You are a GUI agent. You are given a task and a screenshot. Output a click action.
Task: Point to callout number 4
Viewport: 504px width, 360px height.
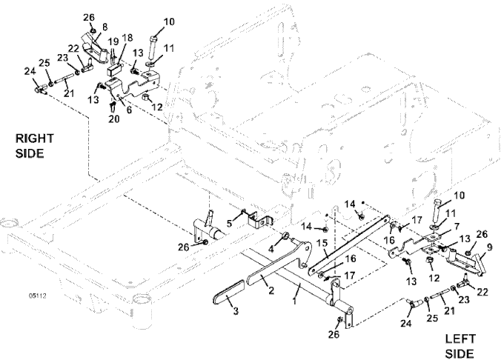pos(271,249)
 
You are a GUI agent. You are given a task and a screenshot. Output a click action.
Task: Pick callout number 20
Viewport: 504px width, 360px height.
pos(111,119)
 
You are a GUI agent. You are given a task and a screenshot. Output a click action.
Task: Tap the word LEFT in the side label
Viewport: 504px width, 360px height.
pos(459,339)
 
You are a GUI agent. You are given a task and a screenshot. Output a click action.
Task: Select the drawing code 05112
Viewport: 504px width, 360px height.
pos(35,296)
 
